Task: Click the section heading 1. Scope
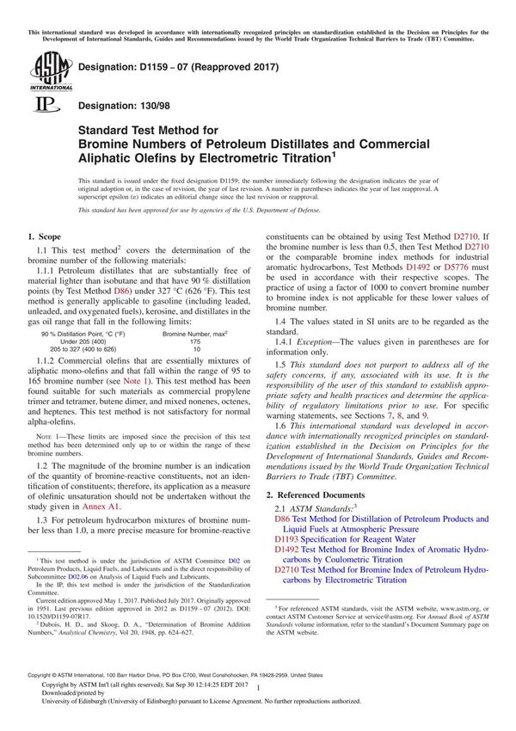(x=44, y=235)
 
